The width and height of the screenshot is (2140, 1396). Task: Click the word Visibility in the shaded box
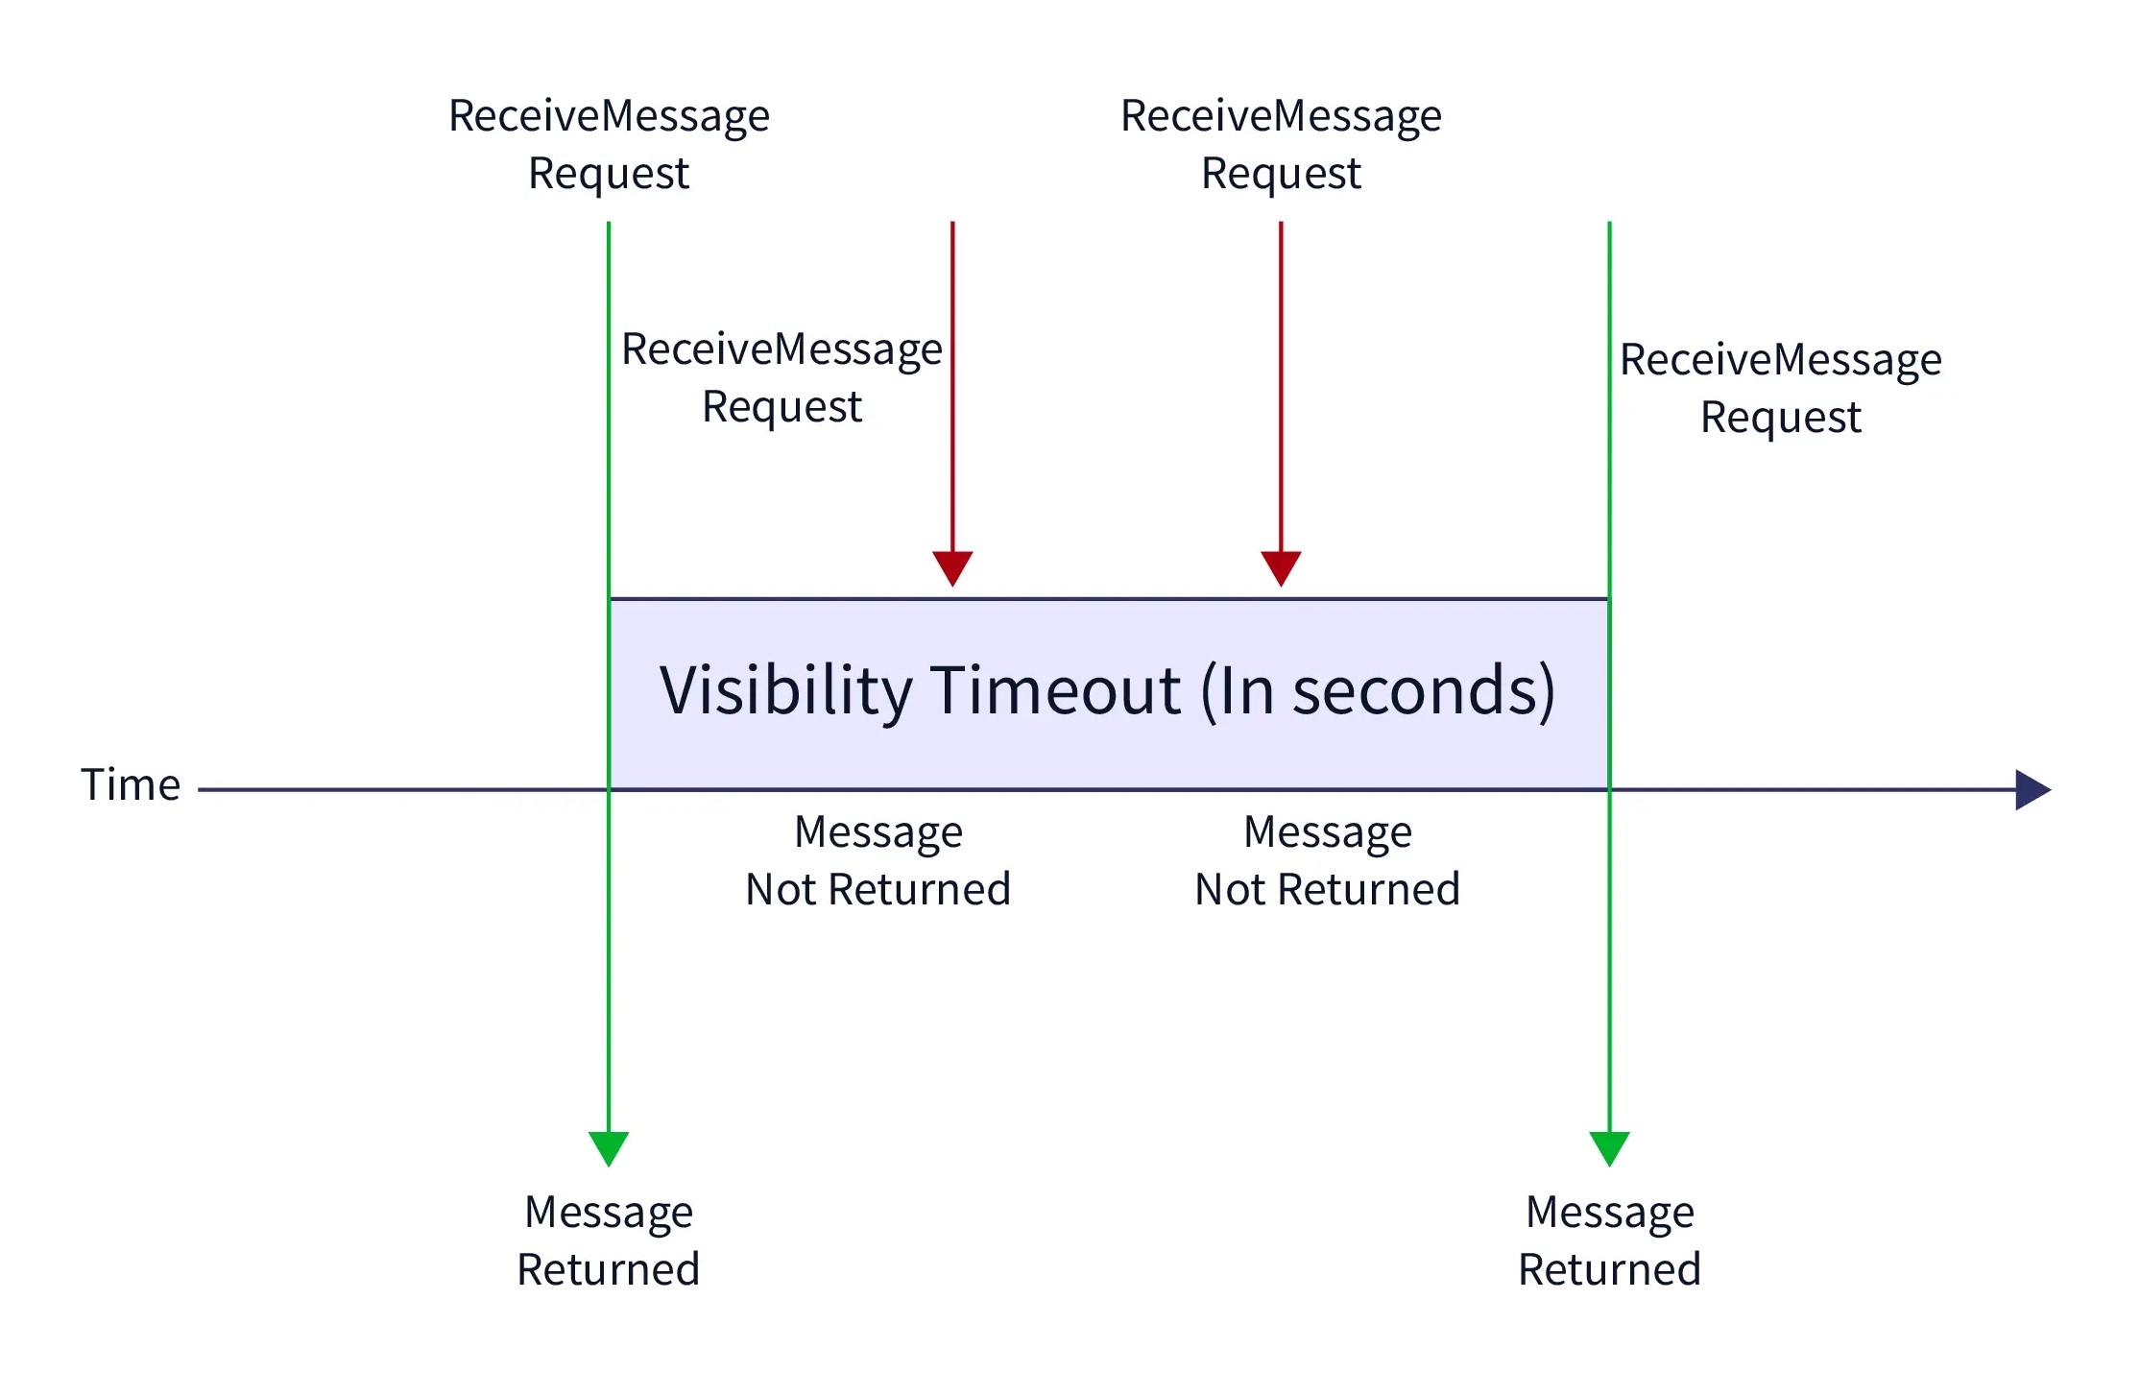coord(785,691)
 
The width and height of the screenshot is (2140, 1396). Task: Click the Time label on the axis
coord(131,784)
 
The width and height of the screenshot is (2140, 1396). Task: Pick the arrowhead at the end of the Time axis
coord(2033,789)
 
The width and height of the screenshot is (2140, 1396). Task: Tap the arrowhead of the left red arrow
coord(952,568)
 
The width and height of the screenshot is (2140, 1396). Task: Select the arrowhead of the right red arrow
coord(1281,568)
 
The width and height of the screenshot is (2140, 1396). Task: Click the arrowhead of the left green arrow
coord(609,1148)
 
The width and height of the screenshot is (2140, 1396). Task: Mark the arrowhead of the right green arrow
coord(1609,1148)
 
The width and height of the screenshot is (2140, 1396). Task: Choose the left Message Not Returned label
coord(878,860)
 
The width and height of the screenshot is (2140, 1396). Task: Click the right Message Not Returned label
coord(1328,860)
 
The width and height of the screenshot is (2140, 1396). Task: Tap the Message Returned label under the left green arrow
coord(609,1240)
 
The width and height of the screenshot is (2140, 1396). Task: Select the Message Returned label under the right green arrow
coord(1610,1240)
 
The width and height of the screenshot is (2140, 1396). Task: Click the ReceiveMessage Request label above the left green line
coord(609,145)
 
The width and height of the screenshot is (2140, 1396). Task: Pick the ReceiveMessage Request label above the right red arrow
coord(1281,145)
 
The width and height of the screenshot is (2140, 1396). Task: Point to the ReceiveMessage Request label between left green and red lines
coord(781,377)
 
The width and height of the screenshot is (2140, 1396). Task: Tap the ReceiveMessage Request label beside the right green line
coord(1781,389)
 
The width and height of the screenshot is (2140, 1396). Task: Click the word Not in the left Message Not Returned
coord(781,890)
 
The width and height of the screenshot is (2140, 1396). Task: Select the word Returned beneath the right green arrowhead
coord(1610,1270)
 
